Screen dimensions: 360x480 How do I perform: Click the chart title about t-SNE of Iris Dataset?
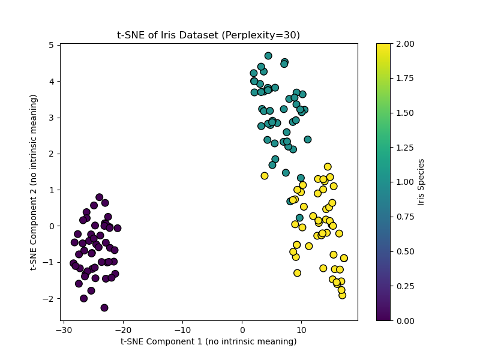pos(208,35)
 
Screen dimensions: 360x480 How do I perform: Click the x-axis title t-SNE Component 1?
pos(208,341)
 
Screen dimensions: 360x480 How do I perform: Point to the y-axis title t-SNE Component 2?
pos(34,182)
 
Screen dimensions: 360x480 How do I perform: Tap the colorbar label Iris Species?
pos(421,182)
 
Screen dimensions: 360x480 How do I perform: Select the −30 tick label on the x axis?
pos(64,330)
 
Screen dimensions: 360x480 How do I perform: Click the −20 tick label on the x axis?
pos(123,330)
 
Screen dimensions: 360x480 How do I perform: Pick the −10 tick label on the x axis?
pos(182,330)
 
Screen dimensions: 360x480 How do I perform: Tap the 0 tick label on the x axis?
pos(242,330)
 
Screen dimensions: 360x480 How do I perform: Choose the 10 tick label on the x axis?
pos(302,330)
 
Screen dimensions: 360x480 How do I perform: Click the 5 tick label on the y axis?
pos(52,45)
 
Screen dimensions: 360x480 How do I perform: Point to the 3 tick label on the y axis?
pos(52,118)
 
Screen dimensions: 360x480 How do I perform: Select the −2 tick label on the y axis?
pos(50,298)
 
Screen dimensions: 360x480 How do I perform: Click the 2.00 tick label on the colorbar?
pos(403,44)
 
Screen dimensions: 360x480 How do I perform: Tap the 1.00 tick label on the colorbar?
pos(403,182)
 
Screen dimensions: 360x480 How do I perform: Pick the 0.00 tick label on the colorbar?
pos(403,320)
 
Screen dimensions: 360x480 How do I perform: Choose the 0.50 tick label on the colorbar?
pos(403,251)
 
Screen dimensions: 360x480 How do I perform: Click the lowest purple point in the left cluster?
pos(104,308)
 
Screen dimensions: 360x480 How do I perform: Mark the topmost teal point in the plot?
pos(268,56)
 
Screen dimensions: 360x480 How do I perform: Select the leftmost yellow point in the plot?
pos(265,176)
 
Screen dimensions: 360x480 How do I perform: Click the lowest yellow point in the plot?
pos(343,295)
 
